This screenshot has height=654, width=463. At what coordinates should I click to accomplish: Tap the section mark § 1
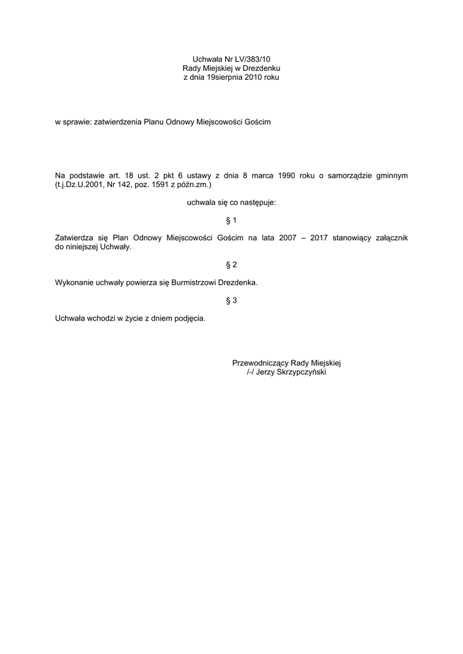coord(231,220)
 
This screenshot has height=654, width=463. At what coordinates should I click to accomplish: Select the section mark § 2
coord(231,264)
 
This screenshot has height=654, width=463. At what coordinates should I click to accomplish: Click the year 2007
coord(288,238)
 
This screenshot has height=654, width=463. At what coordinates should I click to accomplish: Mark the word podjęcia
coord(189,317)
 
